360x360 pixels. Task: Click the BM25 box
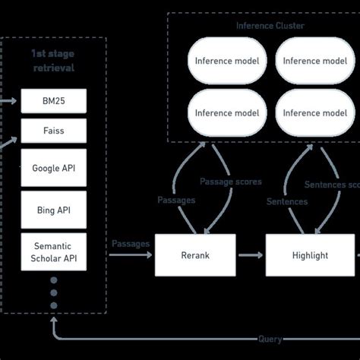click(53, 100)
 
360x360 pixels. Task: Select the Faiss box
click(53, 130)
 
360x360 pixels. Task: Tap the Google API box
click(53, 169)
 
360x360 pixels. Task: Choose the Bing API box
click(53, 208)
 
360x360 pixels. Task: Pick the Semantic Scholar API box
click(53, 251)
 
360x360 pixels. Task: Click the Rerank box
click(196, 255)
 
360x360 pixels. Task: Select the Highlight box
click(310, 255)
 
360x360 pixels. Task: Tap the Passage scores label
click(230, 182)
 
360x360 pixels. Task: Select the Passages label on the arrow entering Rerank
click(131, 243)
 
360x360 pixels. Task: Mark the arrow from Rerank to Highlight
click(251, 255)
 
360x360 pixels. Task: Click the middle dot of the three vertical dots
click(53, 292)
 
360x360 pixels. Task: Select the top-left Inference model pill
click(226, 61)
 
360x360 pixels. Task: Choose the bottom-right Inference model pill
click(314, 113)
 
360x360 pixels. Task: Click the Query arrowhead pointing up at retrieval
click(53, 319)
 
